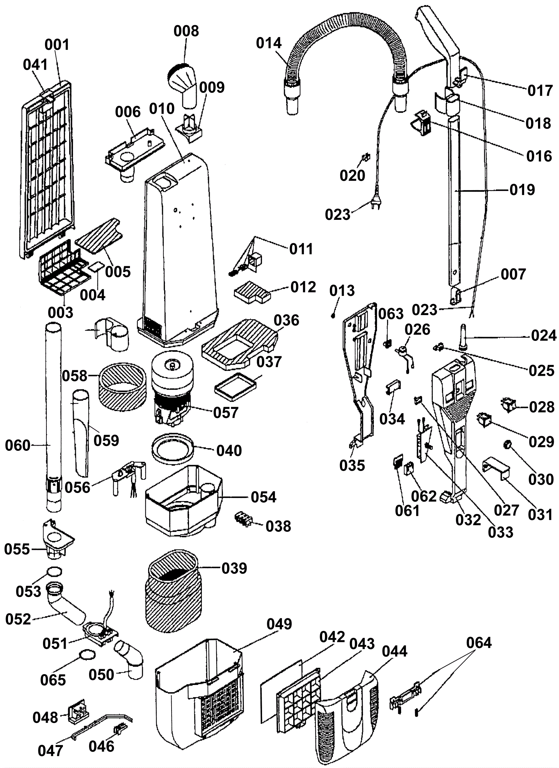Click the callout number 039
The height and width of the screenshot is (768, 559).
[234, 568]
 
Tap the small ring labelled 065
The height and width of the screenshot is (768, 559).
[87, 655]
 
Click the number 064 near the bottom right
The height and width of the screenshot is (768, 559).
[479, 643]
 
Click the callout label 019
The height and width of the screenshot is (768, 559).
[522, 190]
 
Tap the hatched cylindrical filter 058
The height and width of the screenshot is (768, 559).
[121, 387]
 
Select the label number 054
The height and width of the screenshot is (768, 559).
[263, 497]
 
